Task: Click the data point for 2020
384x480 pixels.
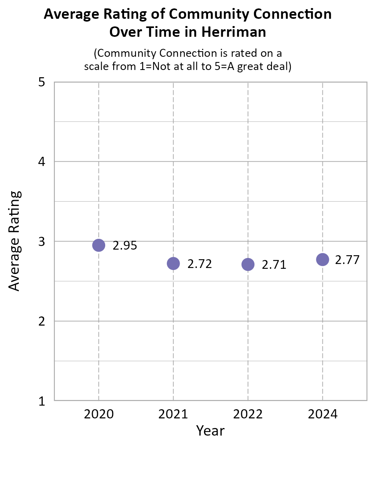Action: click(99, 245)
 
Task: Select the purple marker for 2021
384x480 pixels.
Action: click(173, 263)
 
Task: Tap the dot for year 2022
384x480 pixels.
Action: click(248, 264)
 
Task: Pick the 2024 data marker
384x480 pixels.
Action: click(322, 259)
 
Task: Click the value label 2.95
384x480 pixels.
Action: click(125, 246)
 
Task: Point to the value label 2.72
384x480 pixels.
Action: click(200, 264)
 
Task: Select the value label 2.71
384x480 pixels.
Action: click(274, 265)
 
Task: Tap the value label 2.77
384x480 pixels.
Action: click(347, 260)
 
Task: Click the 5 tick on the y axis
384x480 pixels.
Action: click(41, 82)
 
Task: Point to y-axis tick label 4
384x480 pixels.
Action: click(41, 162)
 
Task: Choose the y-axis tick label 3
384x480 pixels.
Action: click(41, 242)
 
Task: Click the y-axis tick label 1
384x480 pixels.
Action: click(41, 401)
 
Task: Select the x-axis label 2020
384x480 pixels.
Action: click(99, 414)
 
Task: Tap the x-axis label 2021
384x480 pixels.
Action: click(173, 414)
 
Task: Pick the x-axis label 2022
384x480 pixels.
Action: click(248, 414)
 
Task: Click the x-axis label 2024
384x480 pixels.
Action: click(322, 414)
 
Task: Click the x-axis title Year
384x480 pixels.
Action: click(210, 431)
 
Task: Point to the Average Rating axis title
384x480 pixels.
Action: click(14, 241)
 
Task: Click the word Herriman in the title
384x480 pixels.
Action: click(232, 32)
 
